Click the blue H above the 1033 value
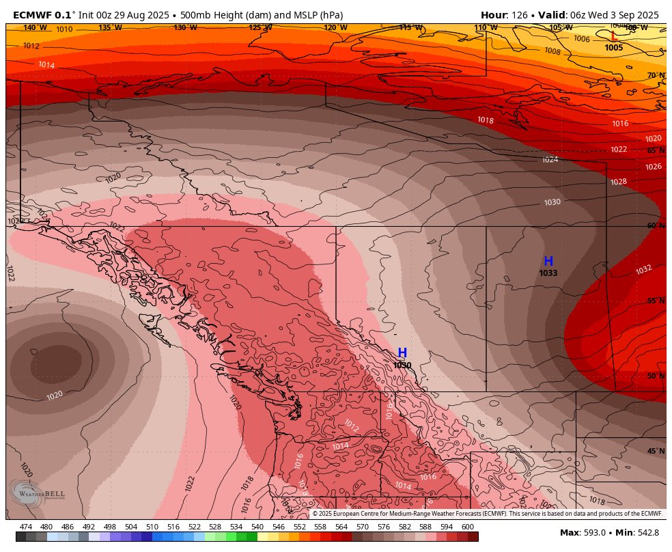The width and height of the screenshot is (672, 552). tap(548, 261)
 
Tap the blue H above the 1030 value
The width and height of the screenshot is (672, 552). tap(402, 353)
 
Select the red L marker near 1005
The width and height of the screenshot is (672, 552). tap(613, 36)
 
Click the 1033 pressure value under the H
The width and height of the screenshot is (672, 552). tap(548, 273)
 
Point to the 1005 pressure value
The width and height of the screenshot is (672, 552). tap(613, 48)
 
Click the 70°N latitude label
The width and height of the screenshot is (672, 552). tap(656, 75)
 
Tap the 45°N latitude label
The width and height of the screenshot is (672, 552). tap(656, 451)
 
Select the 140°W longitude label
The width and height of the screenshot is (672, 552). tap(35, 27)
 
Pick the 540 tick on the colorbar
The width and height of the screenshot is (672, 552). tap(257, 527)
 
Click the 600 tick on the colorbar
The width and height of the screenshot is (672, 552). tap(467, 527)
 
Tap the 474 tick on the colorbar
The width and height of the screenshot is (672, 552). tap(26, 527)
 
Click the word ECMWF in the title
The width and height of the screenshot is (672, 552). tap(33, 15)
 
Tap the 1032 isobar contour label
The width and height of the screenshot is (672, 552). tap(643, 270)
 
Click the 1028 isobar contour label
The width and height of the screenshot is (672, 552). tap(618, 182)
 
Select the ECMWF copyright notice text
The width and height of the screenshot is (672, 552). tap(487, 514)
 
